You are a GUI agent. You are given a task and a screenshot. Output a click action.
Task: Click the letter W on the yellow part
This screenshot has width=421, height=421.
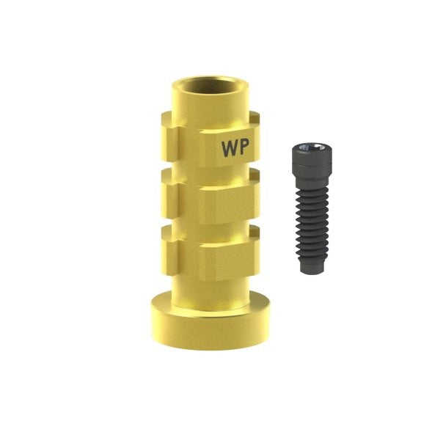point(229,147)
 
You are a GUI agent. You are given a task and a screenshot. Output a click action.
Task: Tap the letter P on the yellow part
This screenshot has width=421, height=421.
point(244,147)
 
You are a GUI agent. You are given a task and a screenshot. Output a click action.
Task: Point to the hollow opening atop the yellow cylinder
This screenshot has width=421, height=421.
point(210,86)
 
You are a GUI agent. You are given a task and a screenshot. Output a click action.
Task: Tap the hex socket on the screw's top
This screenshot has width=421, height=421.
point(312,147)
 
